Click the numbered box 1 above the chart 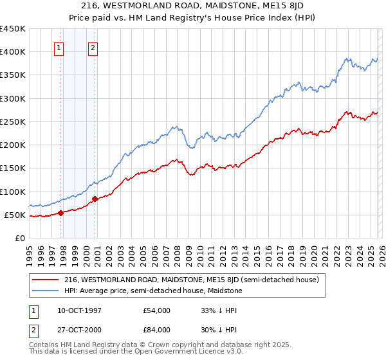(x=59, y=47)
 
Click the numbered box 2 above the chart (x=93, y=47)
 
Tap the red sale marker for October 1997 (x=61, y=213)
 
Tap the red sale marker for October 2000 (x=95, y=199)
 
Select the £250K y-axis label (x=13, y=122)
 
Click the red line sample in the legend (x=46, y=280)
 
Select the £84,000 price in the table (x=157, y=331)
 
